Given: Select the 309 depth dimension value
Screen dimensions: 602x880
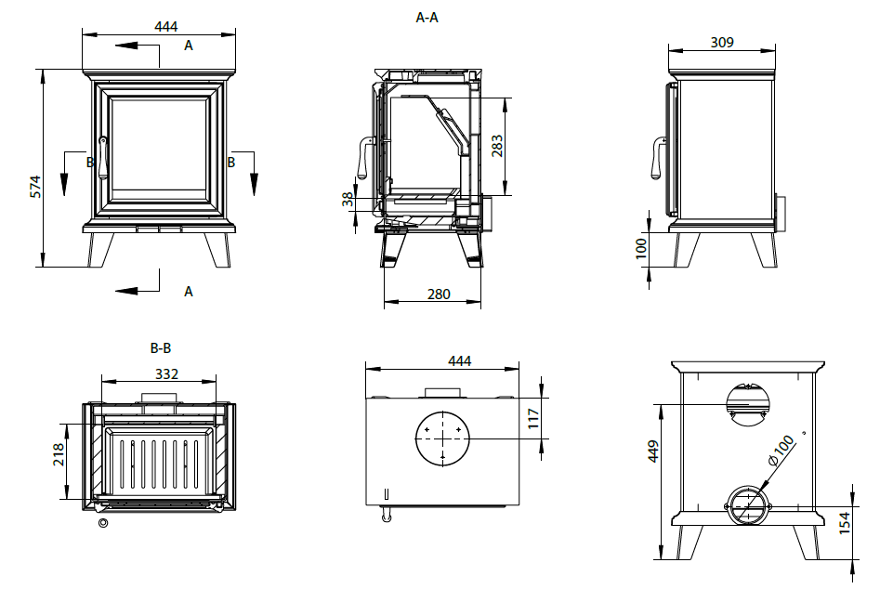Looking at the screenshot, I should [x=722, y=42].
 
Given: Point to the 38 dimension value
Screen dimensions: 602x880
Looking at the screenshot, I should [x=348, y=199].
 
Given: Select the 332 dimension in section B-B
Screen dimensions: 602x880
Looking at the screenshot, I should [x=166, y=373].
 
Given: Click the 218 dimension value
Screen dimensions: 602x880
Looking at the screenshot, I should [x=59, y=454].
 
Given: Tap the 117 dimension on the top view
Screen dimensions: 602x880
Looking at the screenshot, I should [x=532, y=418].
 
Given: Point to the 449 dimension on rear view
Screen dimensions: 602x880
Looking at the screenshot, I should [x=653, y=451].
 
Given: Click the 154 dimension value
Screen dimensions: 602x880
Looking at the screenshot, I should [x=845, y=523].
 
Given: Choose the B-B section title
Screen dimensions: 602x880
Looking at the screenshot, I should [x=161, y=349].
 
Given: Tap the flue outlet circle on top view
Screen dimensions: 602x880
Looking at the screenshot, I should [x=442, y=438].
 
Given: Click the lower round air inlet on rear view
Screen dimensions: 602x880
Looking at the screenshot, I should [x=748, y=505].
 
